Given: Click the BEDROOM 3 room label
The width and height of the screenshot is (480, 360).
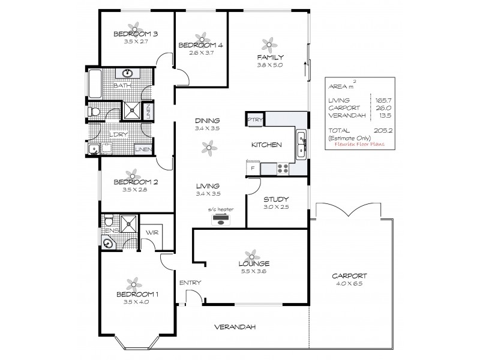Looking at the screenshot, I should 135,34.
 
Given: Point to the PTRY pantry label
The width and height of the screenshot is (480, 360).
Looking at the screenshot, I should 255,119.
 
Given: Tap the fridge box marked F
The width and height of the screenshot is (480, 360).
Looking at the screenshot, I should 253,169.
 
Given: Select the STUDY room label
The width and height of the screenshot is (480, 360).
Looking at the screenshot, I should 277,199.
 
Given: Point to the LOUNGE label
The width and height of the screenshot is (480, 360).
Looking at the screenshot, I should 253,263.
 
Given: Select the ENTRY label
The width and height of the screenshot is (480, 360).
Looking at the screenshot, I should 190,283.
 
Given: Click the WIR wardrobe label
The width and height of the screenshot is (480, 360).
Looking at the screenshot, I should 150,232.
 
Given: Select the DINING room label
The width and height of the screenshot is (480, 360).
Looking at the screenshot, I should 208,120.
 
